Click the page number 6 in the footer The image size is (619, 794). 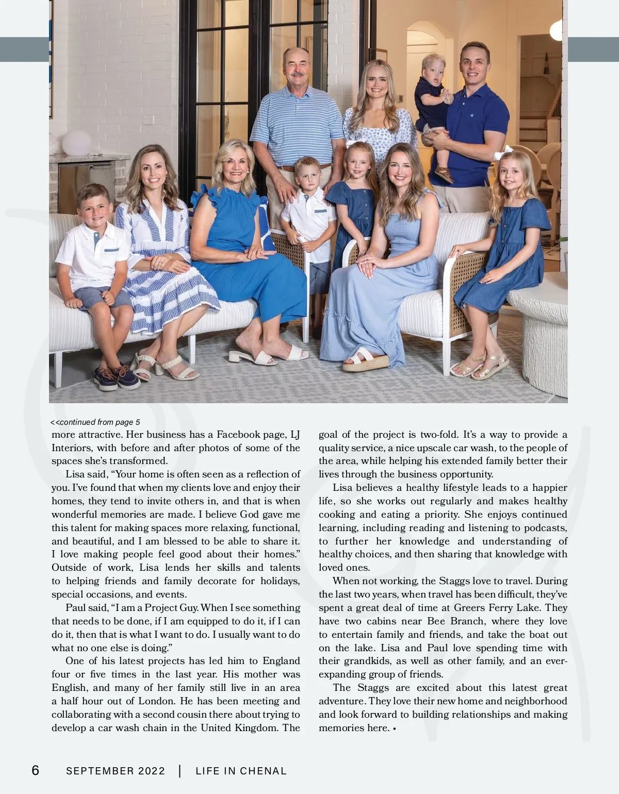pos(35,770)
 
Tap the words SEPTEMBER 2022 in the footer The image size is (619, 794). pos(116,771)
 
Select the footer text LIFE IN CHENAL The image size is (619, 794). pos(241,771)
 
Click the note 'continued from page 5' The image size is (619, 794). pos(96,422)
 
